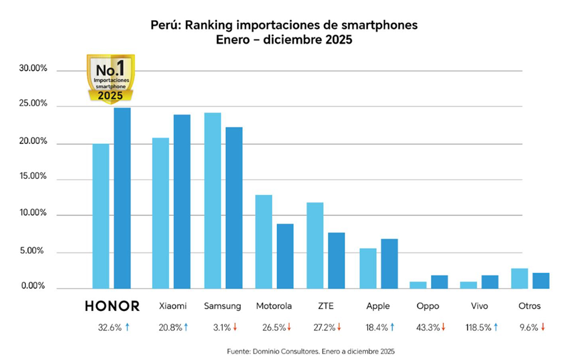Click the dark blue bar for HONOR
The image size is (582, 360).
(122, 198)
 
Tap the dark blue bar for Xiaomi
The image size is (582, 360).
(182, 201)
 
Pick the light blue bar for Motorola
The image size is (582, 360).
(263, 241)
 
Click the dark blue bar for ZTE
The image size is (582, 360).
(337, 260)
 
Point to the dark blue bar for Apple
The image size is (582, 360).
(389, 264)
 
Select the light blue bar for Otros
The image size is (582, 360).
(520, 278)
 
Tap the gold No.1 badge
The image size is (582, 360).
(111, 78)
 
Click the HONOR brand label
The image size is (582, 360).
(112, 306)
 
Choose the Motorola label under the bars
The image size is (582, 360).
(275, 306)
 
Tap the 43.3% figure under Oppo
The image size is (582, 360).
(428, 328)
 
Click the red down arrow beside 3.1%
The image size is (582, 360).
(235, 328)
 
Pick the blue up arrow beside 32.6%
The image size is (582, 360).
(127, 328)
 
